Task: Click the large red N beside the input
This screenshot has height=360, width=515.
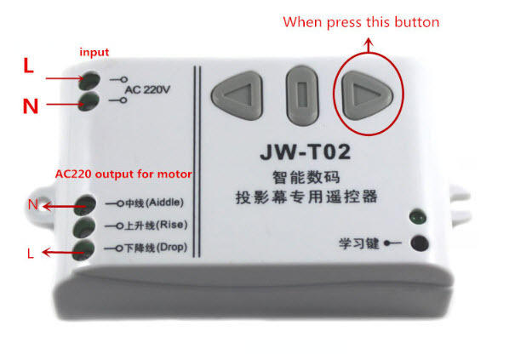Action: pyautogui.click(x=30, y=106)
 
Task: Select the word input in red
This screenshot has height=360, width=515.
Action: pyautogui.click(x=94, y=53)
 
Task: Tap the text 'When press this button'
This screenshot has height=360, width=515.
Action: pyautogui.click(x=361, y=20)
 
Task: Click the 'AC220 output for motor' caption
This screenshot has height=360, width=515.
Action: pyautogui.click(x=123, y=174)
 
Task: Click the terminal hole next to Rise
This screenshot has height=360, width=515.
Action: pyautogui.click(x=84, y=227)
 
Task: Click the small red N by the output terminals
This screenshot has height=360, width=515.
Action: pyautogui.click(x=32, y=204)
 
